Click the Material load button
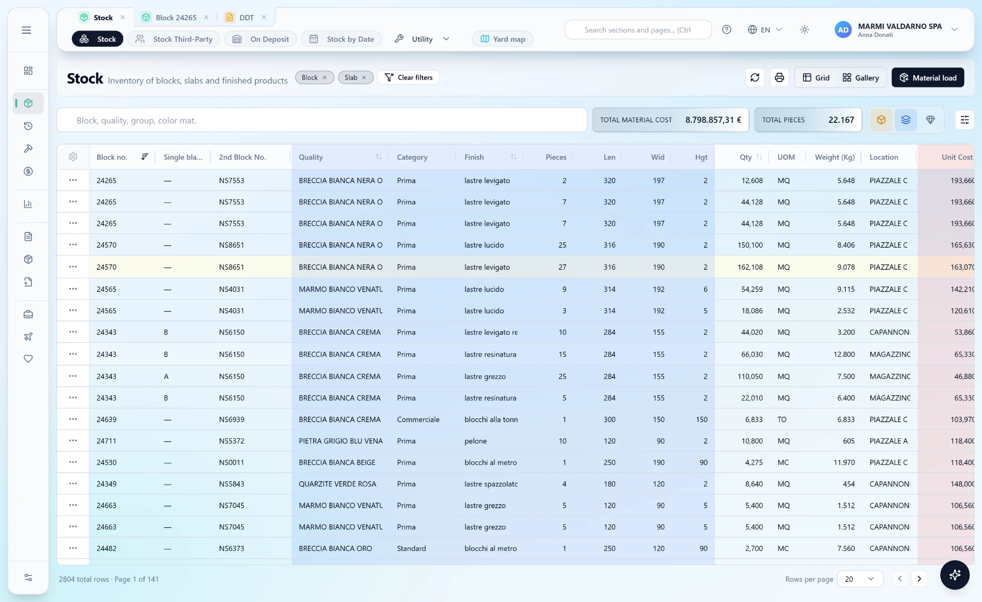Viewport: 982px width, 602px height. pos(927,78)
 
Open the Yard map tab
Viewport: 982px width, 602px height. pos(502,39)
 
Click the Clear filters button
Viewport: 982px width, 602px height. pos(409,78)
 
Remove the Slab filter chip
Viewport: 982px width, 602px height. pos(364,78)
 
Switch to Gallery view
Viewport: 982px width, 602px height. pos(860,78)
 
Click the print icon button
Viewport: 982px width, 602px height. pos(779,78)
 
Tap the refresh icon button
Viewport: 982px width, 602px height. pos(755,78)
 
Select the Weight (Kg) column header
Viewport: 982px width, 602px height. pos(835,157)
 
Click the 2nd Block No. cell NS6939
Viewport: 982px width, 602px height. pos(232,419)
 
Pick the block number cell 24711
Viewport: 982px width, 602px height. pos(107,441)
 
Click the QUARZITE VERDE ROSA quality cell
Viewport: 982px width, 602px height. pos(337,484)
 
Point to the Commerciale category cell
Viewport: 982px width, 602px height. pos(418,419)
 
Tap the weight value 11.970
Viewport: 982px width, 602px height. pos(844,462)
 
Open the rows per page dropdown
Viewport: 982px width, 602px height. pos(860,579)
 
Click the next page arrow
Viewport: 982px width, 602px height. pos(919,579)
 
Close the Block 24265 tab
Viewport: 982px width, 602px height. pos(206,17)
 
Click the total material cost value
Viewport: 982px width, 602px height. pos(713,120)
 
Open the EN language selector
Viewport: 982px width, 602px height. pos(764,29)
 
